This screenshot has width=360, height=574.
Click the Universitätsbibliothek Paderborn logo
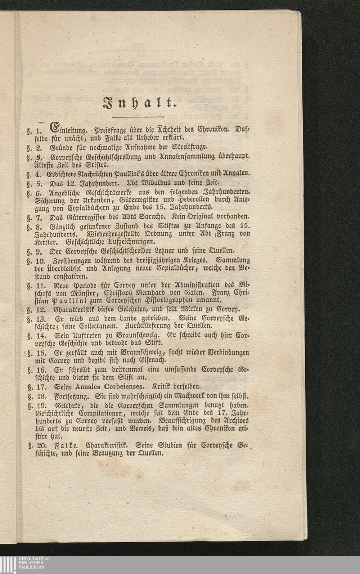pos(25,564)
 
